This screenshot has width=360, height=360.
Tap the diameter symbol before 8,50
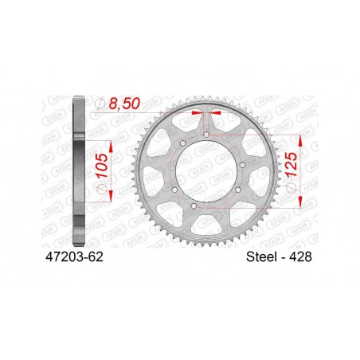(x=100, y=104)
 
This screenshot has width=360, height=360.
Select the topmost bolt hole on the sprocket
(x=205, y=135)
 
